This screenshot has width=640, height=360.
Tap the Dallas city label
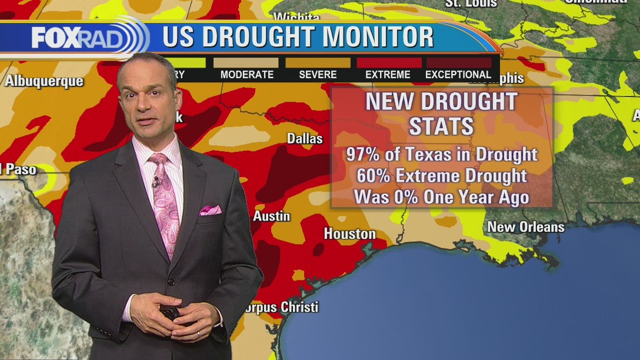(x=305, y=139)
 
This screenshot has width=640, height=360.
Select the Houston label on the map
(x=349, y=234)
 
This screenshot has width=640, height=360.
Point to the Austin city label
(x=272, y=216)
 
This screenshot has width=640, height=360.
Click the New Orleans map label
(x=525, y=227)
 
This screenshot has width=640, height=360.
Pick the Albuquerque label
(x=44, y=81)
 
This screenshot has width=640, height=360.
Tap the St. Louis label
(x=471, y=4)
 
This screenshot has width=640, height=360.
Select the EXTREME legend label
(x=388, y=75)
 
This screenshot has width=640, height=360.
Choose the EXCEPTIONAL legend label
(x=458, y=75)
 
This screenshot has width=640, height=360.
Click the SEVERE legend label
(x=318, y=75)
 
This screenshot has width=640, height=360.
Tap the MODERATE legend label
(x=247, y=75)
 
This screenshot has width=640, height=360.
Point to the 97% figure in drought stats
(x=360, y=155)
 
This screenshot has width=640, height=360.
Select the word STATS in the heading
(x=441, y=126)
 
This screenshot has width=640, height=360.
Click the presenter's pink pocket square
(x=210, y=210)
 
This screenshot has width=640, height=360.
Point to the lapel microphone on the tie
(x=156, y=181)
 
